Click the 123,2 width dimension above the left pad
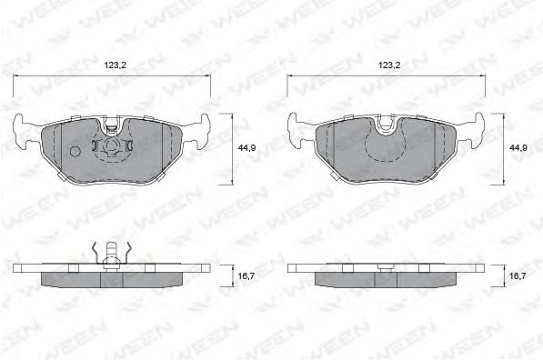113,65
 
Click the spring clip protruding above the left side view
110,254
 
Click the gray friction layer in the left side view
113,278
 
